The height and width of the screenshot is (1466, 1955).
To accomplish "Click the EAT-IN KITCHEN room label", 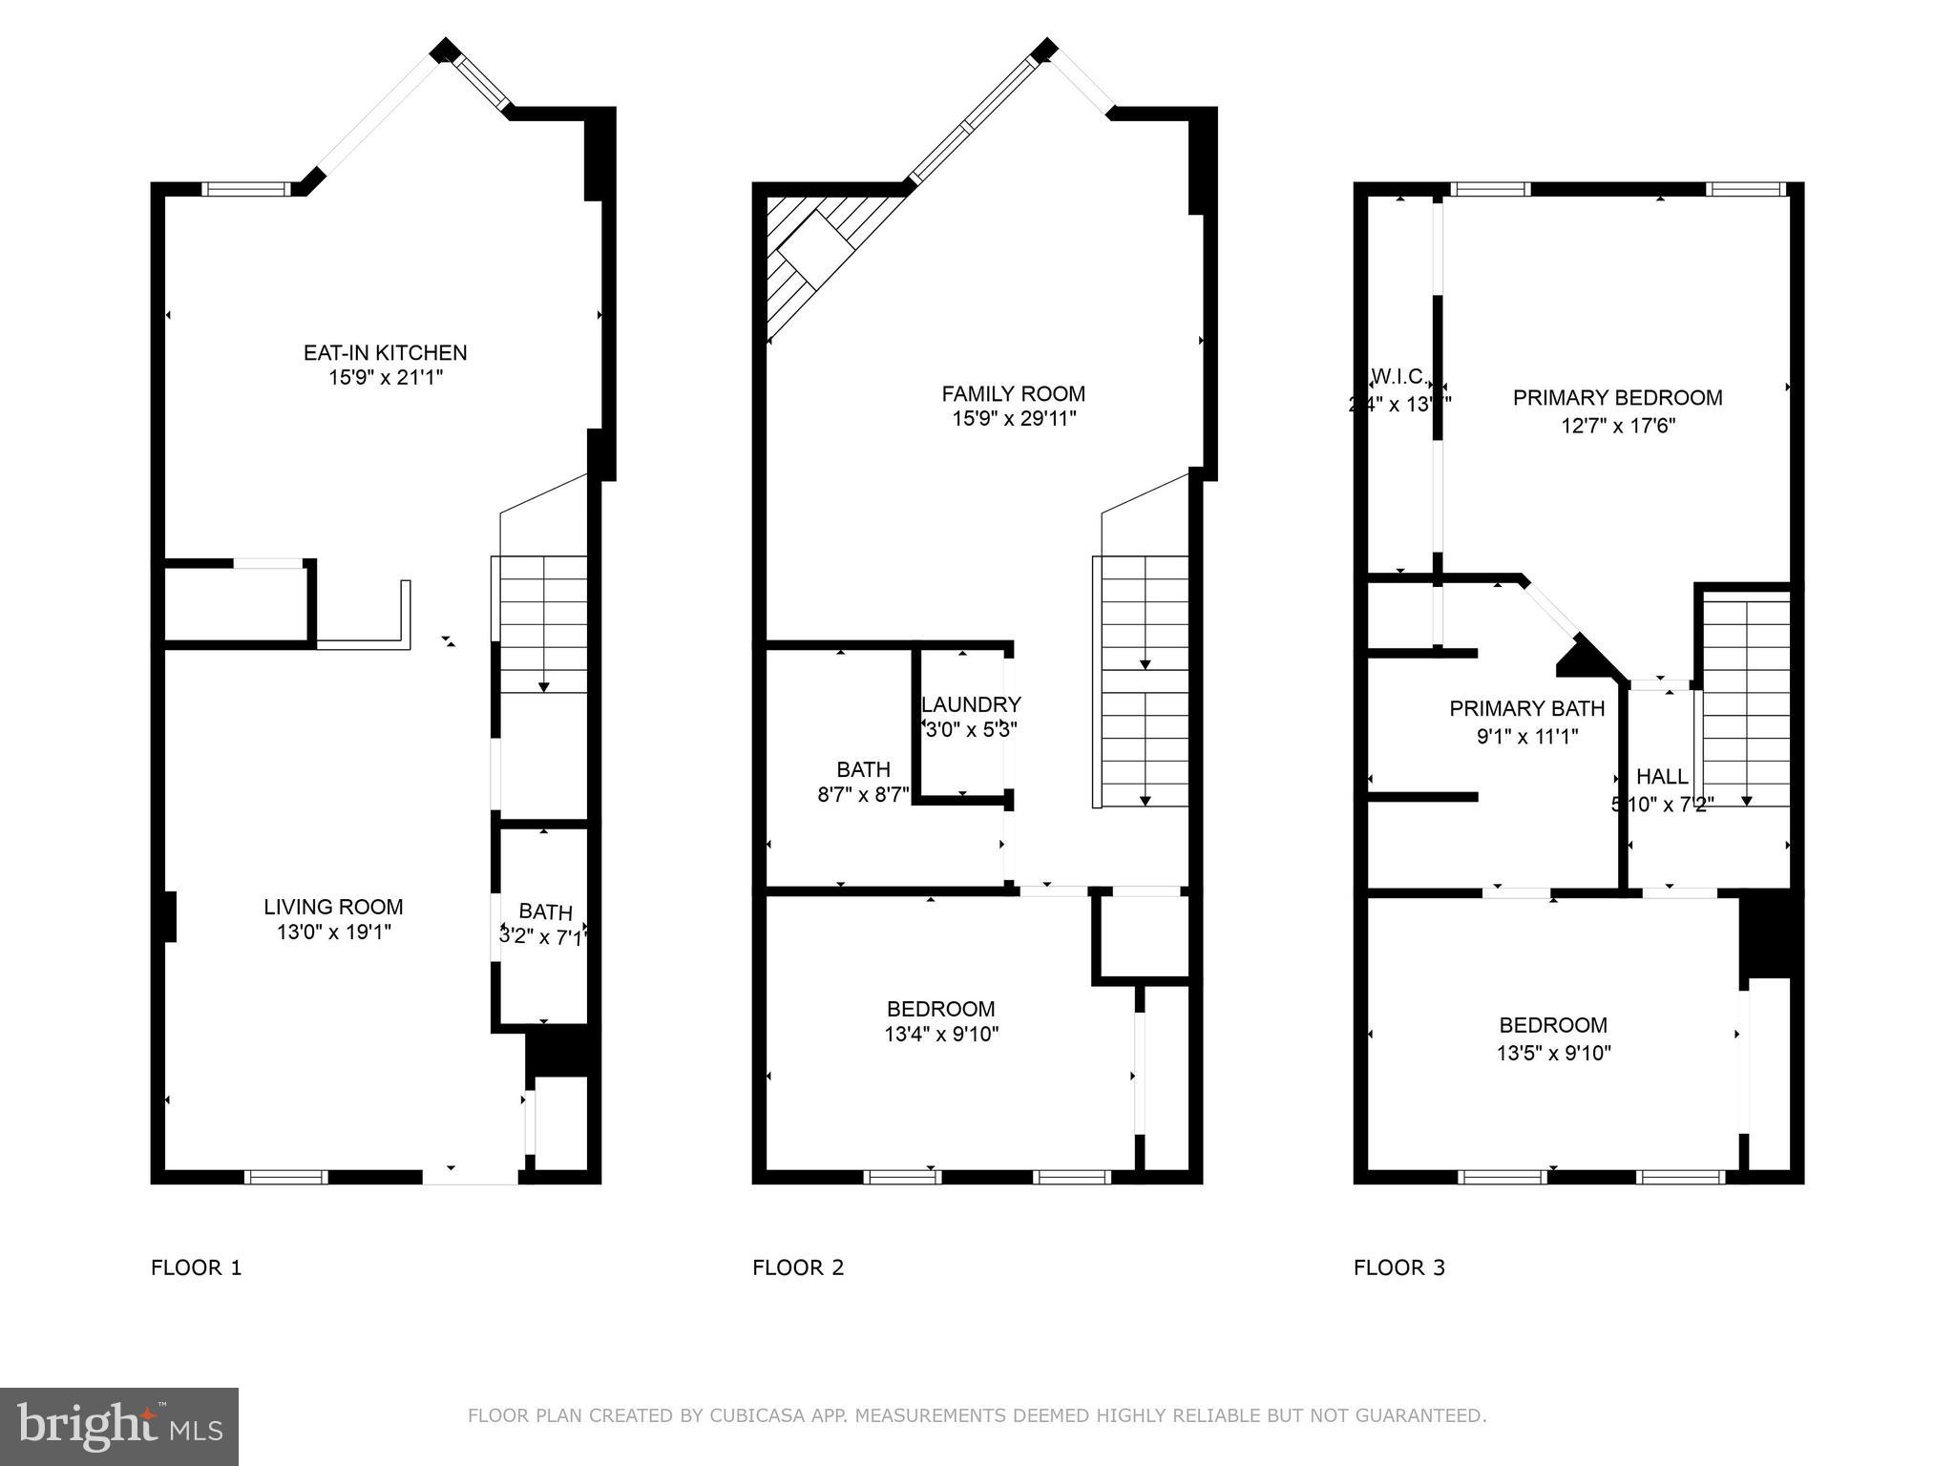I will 385,353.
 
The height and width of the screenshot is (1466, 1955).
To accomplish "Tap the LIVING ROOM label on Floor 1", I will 333,907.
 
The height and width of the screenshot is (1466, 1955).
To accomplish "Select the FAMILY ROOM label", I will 1013,393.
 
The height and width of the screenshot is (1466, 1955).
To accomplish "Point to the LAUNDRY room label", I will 971,704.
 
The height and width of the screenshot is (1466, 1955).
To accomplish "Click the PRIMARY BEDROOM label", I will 1617,398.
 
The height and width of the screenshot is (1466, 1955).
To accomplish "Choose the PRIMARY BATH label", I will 1526,708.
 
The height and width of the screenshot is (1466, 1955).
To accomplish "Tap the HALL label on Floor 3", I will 1662,777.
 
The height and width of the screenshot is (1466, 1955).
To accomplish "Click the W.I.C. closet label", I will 1398,376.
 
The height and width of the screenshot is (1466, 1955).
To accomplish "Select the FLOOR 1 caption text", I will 196,1267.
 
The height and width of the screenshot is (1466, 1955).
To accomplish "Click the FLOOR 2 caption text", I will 798,1267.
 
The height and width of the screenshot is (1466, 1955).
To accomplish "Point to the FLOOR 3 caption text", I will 1398,1267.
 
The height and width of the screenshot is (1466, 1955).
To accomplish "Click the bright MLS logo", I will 119,1427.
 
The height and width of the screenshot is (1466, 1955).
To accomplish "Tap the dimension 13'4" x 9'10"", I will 941,1034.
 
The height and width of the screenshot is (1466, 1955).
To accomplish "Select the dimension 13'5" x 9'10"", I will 1553,1053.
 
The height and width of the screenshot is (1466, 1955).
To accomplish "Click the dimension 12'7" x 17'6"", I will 1617,426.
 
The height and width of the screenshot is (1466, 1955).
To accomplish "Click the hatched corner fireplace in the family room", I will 811,253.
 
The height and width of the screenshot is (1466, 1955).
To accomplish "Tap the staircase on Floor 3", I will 1747,702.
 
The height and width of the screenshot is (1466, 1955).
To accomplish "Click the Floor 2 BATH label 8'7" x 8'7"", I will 863,793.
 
